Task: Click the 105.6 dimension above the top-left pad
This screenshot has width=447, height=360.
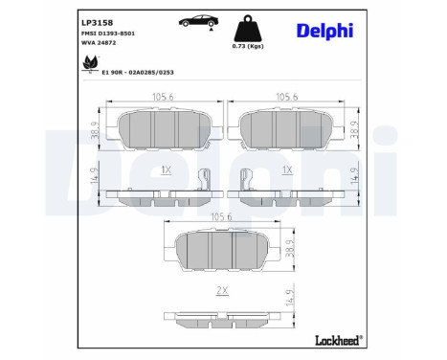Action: tap(166, 95)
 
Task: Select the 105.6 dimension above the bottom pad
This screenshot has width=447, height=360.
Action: tap(224, 216)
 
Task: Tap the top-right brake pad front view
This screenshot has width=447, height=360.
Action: tap(287, 126)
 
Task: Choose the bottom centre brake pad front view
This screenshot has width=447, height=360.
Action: tap(224, 251)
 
